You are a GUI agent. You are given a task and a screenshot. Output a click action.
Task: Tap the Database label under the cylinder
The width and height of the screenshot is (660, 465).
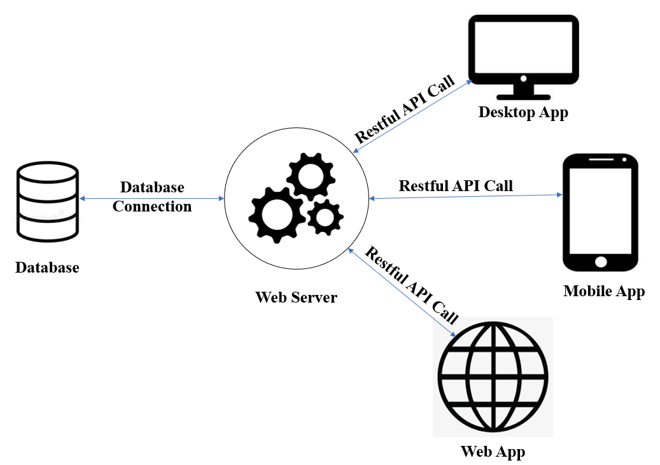47,268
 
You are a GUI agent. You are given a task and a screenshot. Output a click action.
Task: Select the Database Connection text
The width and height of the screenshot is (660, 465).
153,197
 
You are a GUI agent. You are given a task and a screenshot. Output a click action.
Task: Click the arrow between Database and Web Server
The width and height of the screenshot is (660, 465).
102,199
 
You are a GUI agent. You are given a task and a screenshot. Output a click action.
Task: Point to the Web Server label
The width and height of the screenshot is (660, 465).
296,297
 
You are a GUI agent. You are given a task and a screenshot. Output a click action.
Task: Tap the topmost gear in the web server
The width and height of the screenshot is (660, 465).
310,176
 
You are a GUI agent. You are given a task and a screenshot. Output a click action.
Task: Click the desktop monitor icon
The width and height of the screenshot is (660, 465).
523,56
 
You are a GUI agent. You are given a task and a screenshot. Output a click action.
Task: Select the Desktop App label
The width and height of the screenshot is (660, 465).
523,113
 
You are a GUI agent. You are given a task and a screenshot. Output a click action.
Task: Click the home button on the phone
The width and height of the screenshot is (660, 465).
600,261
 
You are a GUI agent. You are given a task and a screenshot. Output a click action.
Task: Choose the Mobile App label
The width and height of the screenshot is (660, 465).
604,292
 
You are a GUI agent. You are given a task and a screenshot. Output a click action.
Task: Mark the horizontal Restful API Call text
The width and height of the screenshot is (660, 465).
456,186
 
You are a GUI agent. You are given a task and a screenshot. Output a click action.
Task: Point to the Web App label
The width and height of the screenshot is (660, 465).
493,452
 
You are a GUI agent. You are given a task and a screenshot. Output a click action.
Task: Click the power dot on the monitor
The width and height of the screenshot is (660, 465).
523,79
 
